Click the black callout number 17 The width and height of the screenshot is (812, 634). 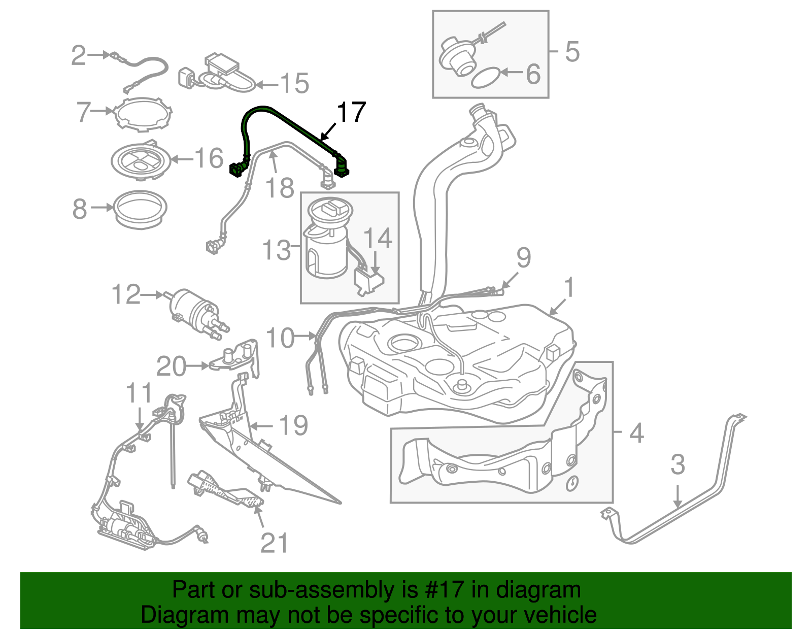tap(351, 112)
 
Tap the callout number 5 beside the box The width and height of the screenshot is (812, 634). tap(572, 52)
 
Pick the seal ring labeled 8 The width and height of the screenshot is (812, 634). tap(140, 209)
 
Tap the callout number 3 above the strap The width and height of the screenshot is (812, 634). tap(678, 464)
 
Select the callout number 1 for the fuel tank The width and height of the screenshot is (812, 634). tap(569, 287)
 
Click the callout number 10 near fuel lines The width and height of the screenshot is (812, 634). tap(280, 338)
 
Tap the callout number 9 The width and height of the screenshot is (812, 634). tap(524, 257)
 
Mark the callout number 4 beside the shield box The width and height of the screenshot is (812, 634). tap(636, 433)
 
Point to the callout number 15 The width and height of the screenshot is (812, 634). tap(294, 83)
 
